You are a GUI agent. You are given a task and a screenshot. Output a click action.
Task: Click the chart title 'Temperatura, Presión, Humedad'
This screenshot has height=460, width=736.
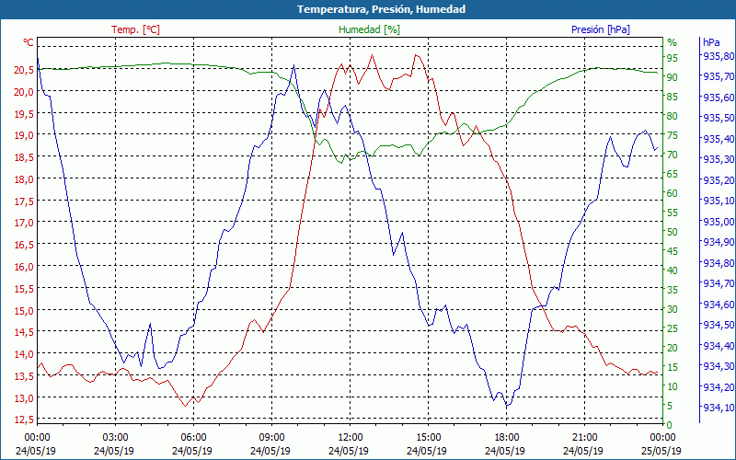(368, 9)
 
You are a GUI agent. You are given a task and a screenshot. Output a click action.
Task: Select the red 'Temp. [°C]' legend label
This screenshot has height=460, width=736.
(135, 29)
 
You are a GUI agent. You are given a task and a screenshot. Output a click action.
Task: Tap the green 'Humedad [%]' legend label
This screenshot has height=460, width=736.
(370, 29)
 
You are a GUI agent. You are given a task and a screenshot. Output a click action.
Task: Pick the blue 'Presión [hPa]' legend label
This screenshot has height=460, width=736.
(600, 29)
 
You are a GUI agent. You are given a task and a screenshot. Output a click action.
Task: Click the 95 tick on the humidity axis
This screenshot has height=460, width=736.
(673, 58)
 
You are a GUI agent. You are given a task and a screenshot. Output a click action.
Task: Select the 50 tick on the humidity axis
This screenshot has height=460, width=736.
(673, 232)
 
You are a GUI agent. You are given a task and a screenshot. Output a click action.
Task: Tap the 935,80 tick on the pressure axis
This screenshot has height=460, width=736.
(718, 56)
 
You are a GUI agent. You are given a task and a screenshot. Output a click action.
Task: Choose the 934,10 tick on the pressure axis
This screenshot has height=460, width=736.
(718, 408)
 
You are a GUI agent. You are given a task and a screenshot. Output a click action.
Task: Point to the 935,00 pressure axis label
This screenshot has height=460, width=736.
(718, 222)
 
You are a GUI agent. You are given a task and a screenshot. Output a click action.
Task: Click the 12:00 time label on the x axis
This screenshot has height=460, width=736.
(350, 437)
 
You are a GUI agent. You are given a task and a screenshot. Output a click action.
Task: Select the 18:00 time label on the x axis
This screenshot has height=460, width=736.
(506, 437)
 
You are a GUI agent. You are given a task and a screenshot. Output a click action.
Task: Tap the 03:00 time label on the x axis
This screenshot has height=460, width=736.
(115, 437)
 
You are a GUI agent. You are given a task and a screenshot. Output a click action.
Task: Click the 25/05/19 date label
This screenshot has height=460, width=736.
(662, 451)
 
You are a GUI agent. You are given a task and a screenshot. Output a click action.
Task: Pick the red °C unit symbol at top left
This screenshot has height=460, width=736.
(29, 42)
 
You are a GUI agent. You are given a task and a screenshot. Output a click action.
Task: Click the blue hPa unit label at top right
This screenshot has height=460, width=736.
(711, 42)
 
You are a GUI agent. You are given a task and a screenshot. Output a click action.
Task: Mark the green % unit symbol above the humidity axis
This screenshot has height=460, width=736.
(672, 42)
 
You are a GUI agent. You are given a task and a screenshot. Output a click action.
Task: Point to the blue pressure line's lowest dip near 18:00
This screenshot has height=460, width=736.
(507, 406)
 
